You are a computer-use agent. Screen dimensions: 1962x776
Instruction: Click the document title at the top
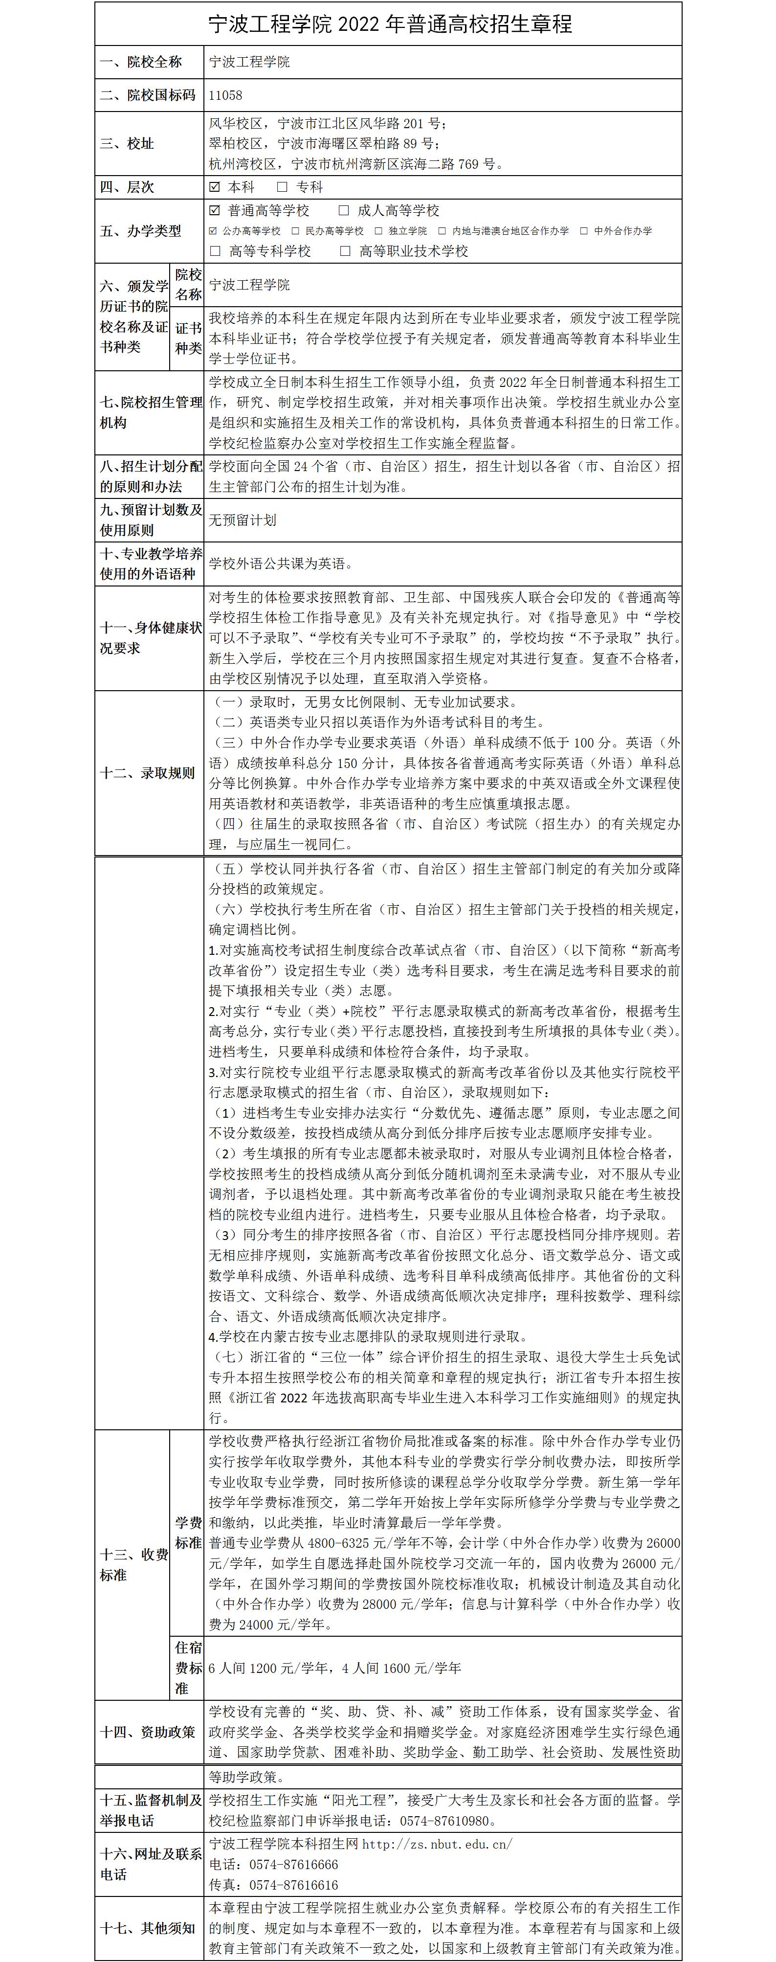[x=390, y=24]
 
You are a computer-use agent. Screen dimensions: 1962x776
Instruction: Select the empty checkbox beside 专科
[x=282, y=186]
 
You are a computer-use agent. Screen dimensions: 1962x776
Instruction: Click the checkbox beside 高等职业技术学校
[x=346, y=250]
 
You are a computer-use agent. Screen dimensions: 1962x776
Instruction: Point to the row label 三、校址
[x=127, y=144]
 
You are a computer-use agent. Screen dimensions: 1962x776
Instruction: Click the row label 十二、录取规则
[x=147, y=773]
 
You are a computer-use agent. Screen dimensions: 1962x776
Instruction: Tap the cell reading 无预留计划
[x=243, y=520]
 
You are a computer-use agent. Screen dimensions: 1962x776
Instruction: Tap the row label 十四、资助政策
[x=147, y=1732]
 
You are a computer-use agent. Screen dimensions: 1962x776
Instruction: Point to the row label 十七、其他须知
[x=147, y=1928]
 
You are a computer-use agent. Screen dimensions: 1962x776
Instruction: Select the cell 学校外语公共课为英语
[x=282, y=564]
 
